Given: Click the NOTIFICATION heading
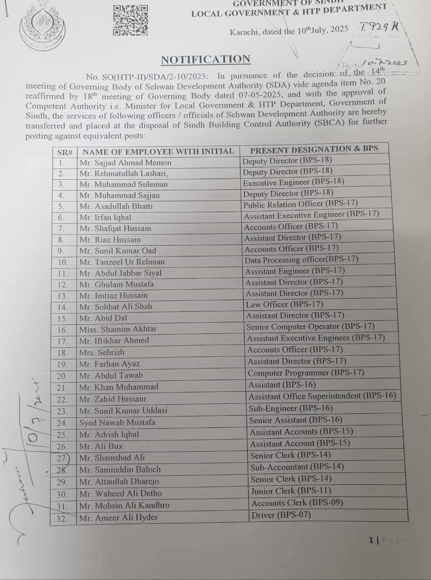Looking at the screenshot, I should pos(206,59).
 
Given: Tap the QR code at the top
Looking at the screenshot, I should pos(131,20).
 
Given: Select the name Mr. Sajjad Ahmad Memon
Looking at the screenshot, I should pos(125,162).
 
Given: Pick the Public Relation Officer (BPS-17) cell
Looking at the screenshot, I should pos(300,204).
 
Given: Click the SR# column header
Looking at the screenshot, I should pos(65,152).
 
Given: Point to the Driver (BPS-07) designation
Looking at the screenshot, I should pos(281,515).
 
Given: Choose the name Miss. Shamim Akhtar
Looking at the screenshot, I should pos(118,329).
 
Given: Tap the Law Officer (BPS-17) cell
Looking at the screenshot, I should pos(284,304).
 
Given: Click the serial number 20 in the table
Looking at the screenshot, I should pos(62,376).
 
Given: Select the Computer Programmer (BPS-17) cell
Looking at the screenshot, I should pos(306,373).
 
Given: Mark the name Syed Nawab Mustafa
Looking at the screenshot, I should pos(118,422).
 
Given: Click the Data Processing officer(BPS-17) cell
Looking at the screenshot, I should pos(301,260).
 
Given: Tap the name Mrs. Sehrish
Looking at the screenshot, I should pos(102,352).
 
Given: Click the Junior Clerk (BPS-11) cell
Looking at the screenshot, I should pos(291,491).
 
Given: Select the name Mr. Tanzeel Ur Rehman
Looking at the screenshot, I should pos(122,262).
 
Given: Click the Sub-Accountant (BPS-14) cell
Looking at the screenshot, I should pos(297,467).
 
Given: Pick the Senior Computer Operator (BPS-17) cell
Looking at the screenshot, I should pos(310,326).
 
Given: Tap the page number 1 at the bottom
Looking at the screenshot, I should pos(371,540).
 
